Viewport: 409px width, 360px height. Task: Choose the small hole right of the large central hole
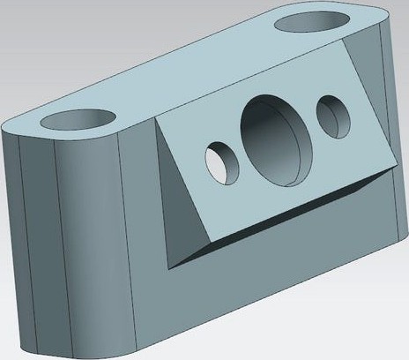click(x=333, y=114)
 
